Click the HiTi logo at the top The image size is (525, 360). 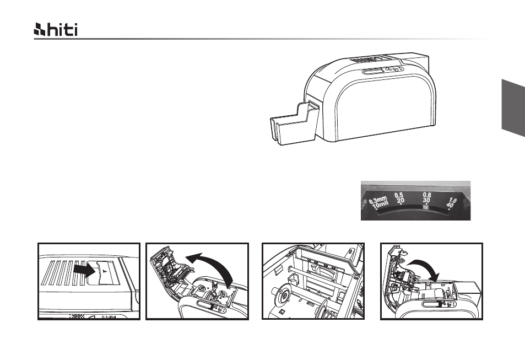(56, 30)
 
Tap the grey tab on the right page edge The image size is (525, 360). (513, 108)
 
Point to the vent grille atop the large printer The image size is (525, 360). (369, 60)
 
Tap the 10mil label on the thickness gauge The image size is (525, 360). (380, 204)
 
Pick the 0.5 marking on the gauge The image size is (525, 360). (399, 195)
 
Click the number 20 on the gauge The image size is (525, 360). (400, 201)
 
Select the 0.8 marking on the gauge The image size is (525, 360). (427, 195)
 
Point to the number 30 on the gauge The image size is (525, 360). (426, 200)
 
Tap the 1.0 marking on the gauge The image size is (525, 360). (452, 201)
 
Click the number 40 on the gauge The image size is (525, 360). (450, 205)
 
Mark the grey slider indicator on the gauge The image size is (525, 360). (426, 208)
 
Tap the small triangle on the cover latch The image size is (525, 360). (105, 270)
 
